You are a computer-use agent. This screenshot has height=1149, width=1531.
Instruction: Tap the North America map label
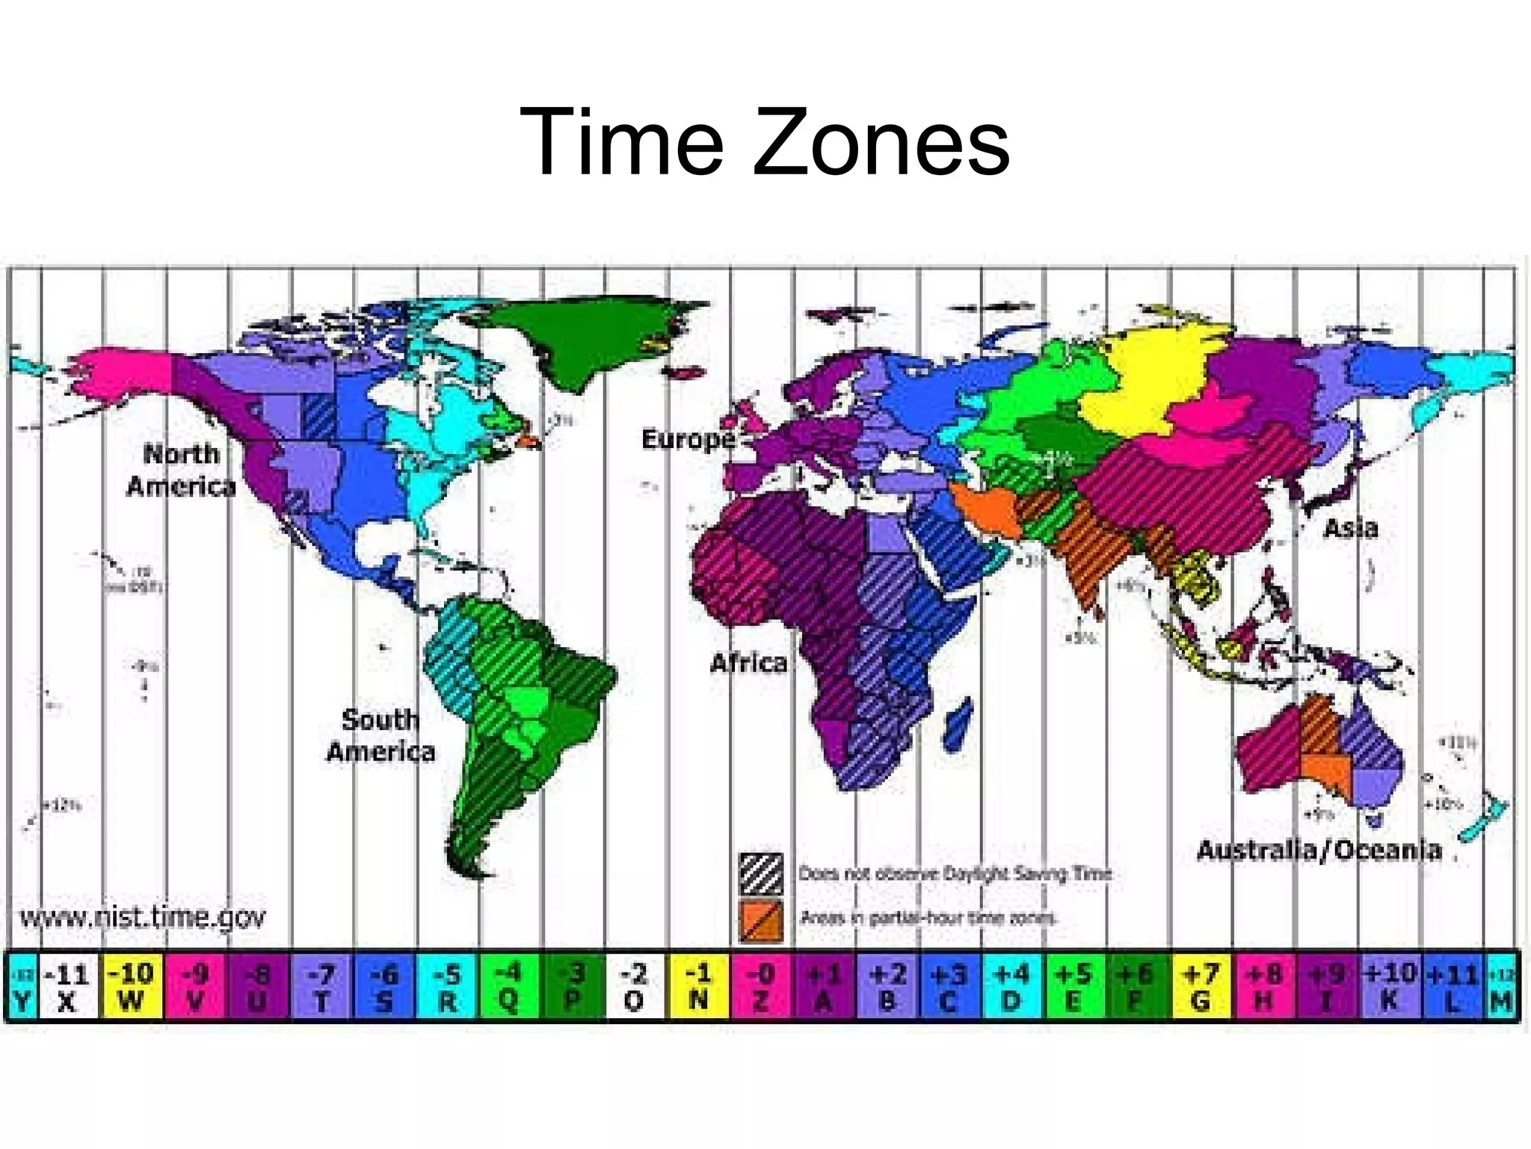point(181,470)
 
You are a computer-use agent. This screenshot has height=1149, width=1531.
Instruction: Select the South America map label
point(381,735)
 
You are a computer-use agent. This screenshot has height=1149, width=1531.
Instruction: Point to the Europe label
point(689,439)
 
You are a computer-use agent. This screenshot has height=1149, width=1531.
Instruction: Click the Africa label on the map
point(748,663)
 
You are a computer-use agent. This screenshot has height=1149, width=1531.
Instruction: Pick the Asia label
point(1350,529)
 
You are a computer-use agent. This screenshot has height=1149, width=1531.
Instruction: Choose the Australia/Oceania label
point(1319,851)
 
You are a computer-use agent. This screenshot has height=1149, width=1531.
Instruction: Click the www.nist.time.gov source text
point(142,917)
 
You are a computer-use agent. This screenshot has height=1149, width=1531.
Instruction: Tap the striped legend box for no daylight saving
point(761,874)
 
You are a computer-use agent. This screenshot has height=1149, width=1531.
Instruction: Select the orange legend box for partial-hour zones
point(761,920)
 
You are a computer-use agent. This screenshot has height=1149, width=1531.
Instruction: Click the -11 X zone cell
point(67,987)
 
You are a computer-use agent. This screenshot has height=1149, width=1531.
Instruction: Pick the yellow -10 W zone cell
point(131,987)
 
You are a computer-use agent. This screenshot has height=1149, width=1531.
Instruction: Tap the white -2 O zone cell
point(634,987)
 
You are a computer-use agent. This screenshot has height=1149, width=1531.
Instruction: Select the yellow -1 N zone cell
point(697,987)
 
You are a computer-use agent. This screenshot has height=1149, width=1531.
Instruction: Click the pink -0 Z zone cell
point(761,987)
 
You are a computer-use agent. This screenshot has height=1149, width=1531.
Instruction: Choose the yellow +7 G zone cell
point(1201,987)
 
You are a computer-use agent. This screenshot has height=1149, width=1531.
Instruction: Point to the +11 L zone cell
point(1452,987)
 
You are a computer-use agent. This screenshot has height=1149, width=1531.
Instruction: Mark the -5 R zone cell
point(446,987)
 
